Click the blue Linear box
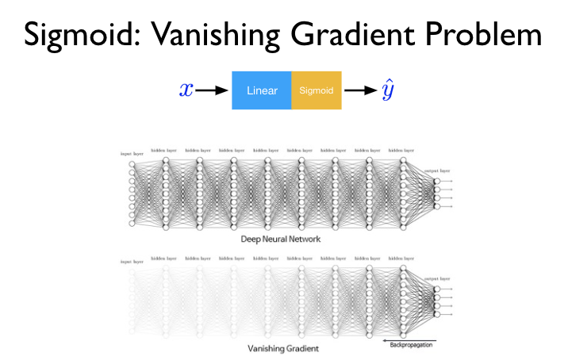(262, 90)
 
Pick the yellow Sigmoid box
(317, 90)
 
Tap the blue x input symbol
(186, 90)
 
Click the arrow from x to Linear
(213, 90)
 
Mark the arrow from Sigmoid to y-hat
(359, 90)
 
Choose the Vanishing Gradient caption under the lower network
(283, 348)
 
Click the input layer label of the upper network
(132, 152)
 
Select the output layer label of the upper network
(437, 170)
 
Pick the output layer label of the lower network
(437, 278)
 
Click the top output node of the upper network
(437, 181)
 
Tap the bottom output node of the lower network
(437, 314)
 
